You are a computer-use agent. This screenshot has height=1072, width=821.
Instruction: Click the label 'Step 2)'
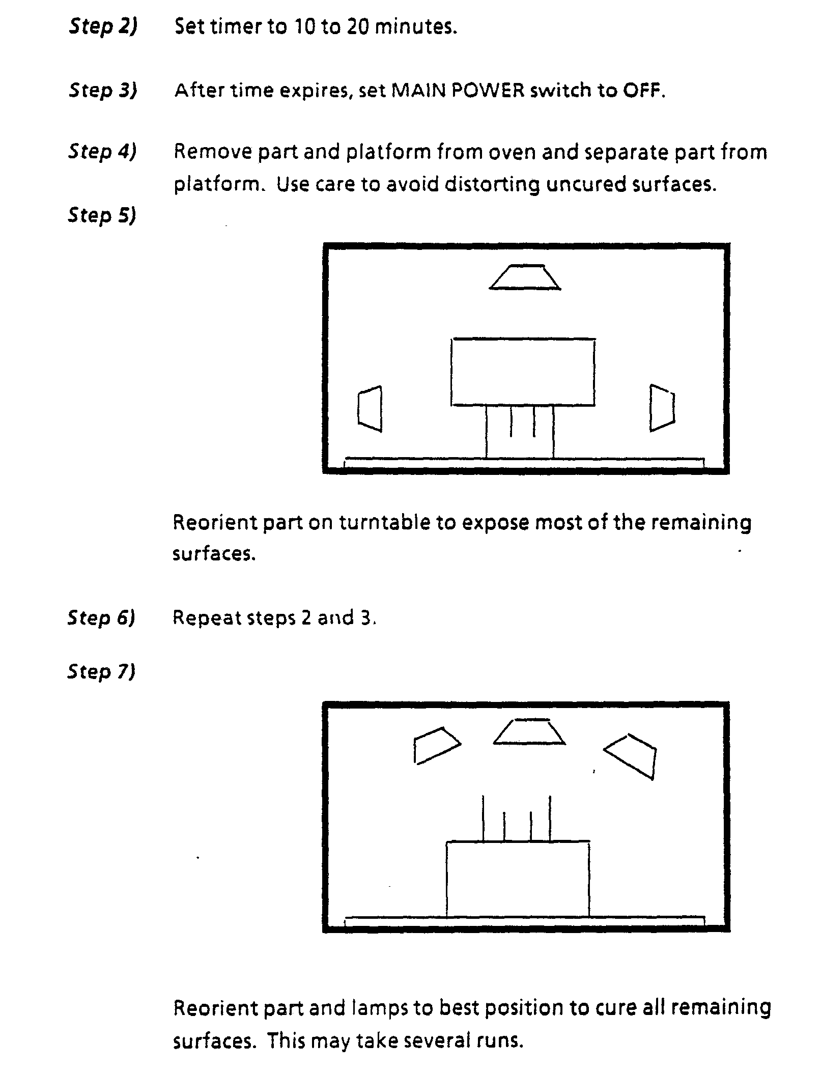point(103,27)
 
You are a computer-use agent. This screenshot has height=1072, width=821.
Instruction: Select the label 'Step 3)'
point(103,91)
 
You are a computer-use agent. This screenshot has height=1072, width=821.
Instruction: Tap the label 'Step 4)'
point(103,152)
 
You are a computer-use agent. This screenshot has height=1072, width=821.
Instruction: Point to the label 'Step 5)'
point(102,215)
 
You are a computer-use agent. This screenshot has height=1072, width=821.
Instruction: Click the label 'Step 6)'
point(102,617)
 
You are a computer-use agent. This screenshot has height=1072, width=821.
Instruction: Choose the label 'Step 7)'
point(102,672)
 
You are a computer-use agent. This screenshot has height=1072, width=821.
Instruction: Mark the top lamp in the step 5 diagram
point(525,277)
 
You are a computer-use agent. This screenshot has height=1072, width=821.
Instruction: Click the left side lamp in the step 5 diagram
point(371,409)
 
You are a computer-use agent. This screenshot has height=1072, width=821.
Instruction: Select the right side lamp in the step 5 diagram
point(662,408)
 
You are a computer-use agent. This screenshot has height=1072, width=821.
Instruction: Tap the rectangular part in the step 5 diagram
point(523,372)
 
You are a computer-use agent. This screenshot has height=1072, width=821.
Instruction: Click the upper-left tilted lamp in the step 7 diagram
point(436,745)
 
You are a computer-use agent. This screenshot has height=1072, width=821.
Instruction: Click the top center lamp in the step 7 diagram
point(529,732)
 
